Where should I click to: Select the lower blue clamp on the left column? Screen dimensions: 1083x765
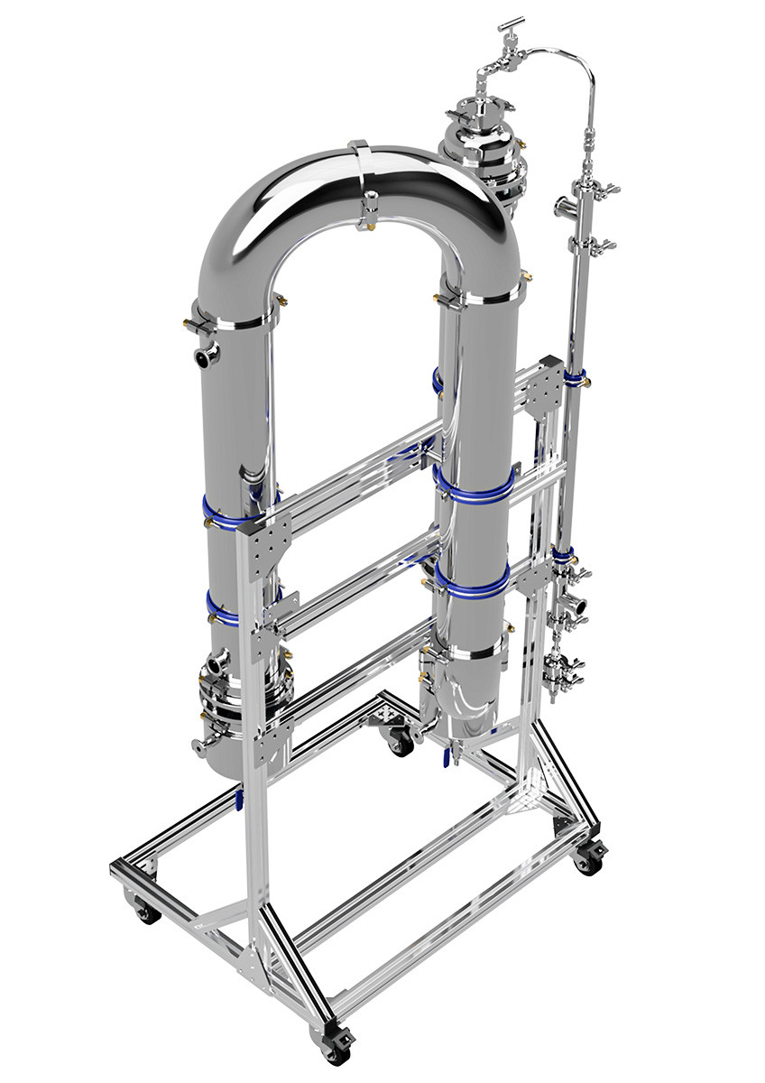226,609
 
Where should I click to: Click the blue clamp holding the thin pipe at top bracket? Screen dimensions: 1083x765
574,375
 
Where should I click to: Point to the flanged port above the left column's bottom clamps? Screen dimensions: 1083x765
215,666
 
